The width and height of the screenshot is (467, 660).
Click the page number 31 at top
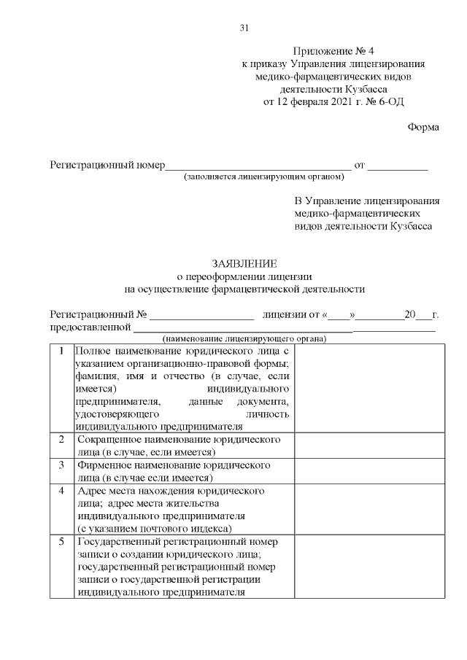pos(244,28)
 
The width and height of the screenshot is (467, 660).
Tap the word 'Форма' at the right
pos(423,127)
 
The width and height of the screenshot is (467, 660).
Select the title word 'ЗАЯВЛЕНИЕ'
pos(244,263)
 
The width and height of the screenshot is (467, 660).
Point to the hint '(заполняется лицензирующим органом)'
pos(263,177)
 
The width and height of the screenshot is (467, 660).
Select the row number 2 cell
pos(61,440)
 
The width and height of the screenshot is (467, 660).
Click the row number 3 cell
pos(61,465)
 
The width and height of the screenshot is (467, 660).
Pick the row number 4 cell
pos(61,490)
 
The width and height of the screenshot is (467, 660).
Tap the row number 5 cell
pos(61,541)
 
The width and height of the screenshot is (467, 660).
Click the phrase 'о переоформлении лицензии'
pos(244,276)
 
